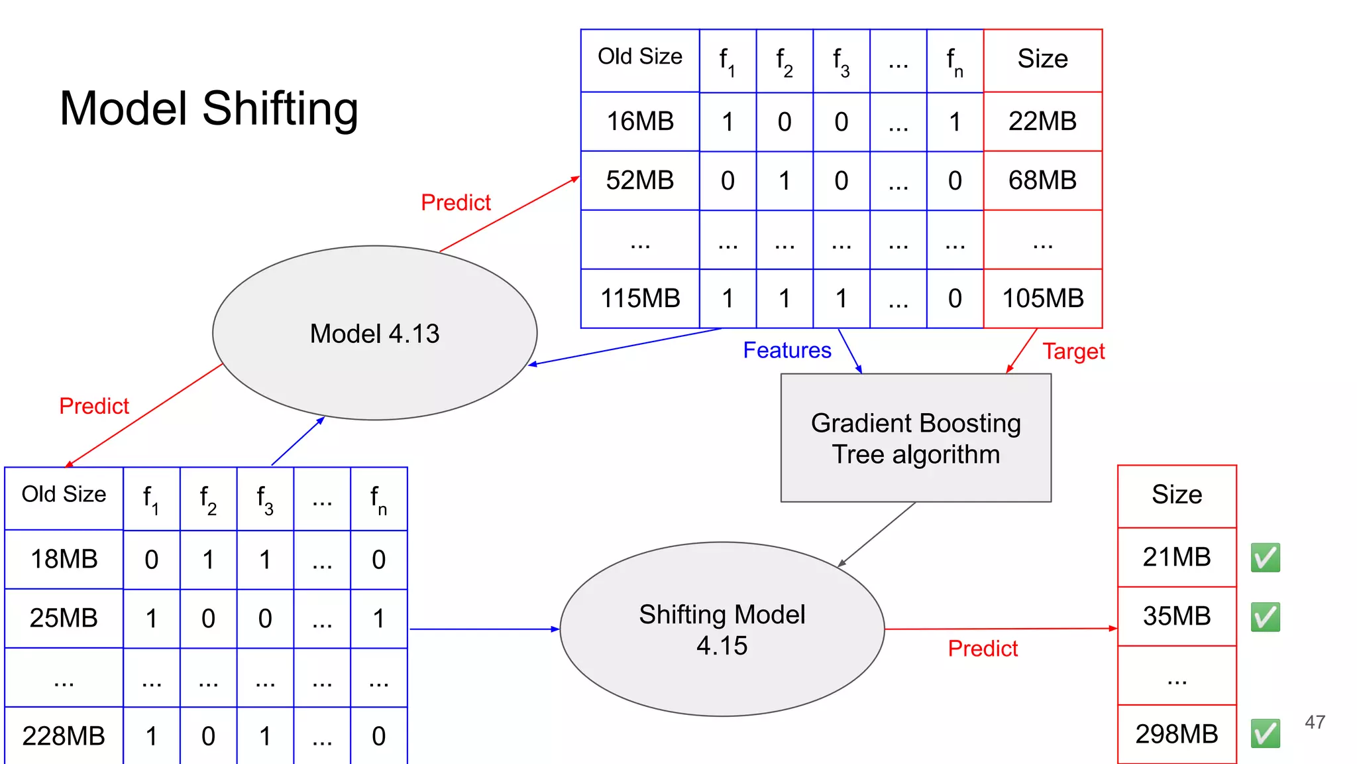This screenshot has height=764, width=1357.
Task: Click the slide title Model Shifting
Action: tap(209, 109)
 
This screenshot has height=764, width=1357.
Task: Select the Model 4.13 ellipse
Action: tap(374, 333)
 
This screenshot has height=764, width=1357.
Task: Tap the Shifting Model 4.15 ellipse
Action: tap(722, 629)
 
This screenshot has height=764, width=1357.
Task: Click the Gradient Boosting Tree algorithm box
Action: tap(916, 438)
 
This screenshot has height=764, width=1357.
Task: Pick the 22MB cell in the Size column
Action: tap(1042, 121)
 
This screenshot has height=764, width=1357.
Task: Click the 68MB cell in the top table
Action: tap(1042, 180)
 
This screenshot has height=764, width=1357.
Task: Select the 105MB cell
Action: tap(1042, 298)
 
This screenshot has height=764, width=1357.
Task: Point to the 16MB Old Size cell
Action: tap(640, 121)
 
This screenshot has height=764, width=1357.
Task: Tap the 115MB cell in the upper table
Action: tap(640, 298)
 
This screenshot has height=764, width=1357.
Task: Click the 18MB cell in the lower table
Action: tap(64, 559)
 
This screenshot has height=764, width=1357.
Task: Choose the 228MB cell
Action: tap(64, 735)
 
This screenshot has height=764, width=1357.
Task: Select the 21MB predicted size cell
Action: tap(1176, 557)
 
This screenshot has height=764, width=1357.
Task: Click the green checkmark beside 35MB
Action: tap(1265, 617)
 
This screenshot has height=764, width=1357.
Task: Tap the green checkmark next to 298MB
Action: tap(1265, 733)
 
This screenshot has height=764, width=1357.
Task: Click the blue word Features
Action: tap(787, 350)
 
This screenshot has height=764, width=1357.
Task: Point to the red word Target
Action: tap(1073, 351)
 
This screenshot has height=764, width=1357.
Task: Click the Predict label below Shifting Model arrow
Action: tap(982, 648)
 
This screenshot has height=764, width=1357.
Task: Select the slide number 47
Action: tap(1315, 722)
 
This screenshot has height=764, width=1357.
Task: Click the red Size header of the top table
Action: tap(1042, 59)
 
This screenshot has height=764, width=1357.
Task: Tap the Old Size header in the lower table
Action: tap(64, 494)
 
